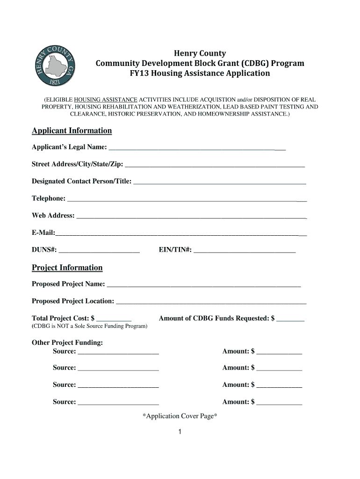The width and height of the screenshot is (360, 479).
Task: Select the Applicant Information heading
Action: [72, 131]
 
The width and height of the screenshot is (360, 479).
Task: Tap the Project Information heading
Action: [67, 268]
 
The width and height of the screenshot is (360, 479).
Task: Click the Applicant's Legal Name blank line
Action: [197, 149]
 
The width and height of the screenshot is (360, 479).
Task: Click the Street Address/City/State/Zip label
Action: [78, 164]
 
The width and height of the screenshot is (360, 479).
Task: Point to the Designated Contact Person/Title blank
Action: [220, 182]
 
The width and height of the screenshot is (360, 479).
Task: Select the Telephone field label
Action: [49, 198]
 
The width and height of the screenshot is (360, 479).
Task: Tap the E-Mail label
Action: [43, 232]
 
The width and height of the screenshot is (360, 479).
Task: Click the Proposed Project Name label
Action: [68, 284]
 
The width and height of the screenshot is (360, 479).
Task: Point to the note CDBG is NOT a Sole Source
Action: [89, 326]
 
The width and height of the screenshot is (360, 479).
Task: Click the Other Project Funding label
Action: [67, 342]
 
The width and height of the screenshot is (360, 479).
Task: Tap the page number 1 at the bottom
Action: [180, 432]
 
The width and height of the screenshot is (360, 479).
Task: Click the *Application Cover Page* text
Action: [180, 416]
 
